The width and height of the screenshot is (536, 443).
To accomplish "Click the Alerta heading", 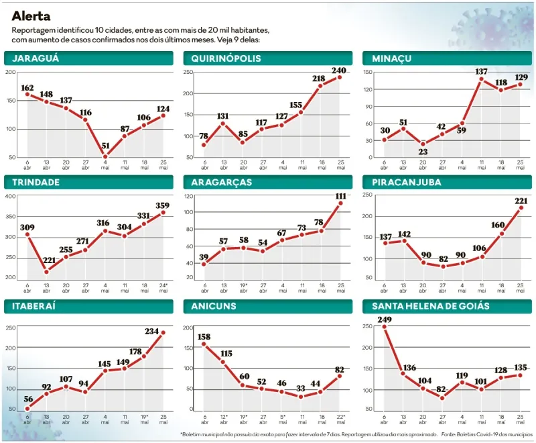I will tap(31, 15).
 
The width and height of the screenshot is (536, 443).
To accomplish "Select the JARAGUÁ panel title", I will tap(36, 58).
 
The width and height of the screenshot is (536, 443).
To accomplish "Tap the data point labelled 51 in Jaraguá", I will tap(105, 156).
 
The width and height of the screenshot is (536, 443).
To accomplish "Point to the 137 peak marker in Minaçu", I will tap(481, 80).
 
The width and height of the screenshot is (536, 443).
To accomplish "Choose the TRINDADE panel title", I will tap(36, 182).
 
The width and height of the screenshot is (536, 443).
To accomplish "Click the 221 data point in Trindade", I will tap(47, 271).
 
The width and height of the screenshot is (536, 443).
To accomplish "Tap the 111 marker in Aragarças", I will tap(341, 203).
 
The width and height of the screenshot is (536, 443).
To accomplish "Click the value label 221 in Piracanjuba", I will tap(520, 200).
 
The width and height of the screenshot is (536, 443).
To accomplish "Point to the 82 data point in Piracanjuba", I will tap(443, 266).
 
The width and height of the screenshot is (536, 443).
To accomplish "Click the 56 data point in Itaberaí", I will tap(27, 409).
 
